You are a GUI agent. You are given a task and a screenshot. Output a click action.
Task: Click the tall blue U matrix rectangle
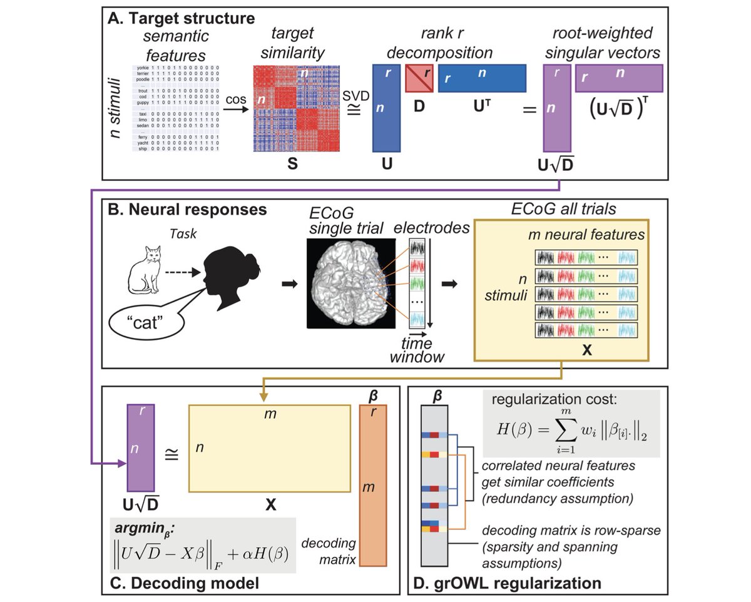pyautogui.click(x=386, y=108)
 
